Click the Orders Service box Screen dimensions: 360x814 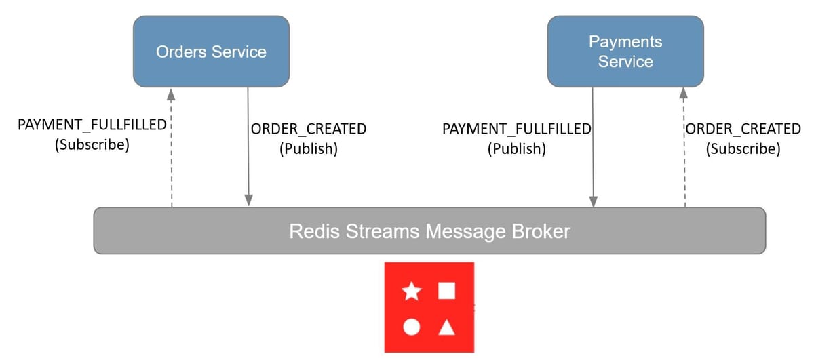[x=211, y=52]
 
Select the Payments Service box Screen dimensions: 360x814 [x=625, y=52]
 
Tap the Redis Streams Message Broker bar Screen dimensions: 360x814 [x=429, y=231]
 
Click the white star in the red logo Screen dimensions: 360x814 [x=411, y=292]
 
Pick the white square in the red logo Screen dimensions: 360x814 [x=446, y=291]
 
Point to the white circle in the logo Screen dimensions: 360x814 [x=411, y=327]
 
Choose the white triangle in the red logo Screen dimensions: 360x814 [x=446, y=328]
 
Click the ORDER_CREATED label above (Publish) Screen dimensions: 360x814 [x=309, y=129]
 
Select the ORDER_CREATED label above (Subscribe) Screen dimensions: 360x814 [x=743, y=129]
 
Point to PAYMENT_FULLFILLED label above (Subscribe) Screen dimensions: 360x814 [x=92, y=126]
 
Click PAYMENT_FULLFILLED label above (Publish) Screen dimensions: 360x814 [x=516, y=129]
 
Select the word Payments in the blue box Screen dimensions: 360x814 [x=625, y=42]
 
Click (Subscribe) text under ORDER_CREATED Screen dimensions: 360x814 [x=743, y=148]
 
